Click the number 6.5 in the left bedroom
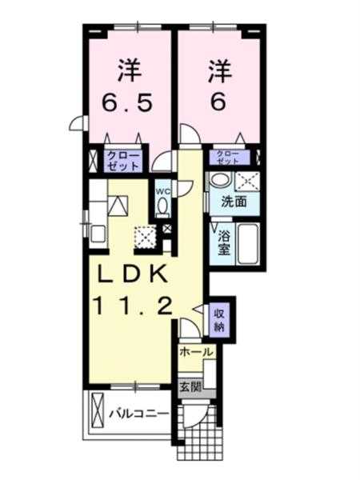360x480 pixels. pos(127,102)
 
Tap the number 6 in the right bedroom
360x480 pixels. pos(218,102)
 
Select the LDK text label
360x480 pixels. pos(132,274)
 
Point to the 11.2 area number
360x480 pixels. pos(133,306)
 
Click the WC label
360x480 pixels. pos(162,192)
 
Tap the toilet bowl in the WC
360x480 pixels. pos(162,206)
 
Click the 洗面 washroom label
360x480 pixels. pos(234,202)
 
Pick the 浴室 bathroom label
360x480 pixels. pos(224,243)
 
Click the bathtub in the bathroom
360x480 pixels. pos(248,243)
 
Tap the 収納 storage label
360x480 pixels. pos(219,321)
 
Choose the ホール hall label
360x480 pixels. pos(197,352)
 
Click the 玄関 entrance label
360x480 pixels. pos(190,387)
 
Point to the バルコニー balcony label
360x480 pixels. pos(139,414)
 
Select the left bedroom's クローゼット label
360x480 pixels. pos(123,161)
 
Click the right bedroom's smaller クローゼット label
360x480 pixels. pos(229,157)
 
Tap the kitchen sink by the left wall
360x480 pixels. pos(98,234)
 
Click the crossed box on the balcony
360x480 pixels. pos(98,412)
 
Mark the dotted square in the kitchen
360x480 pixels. pos(146,236)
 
